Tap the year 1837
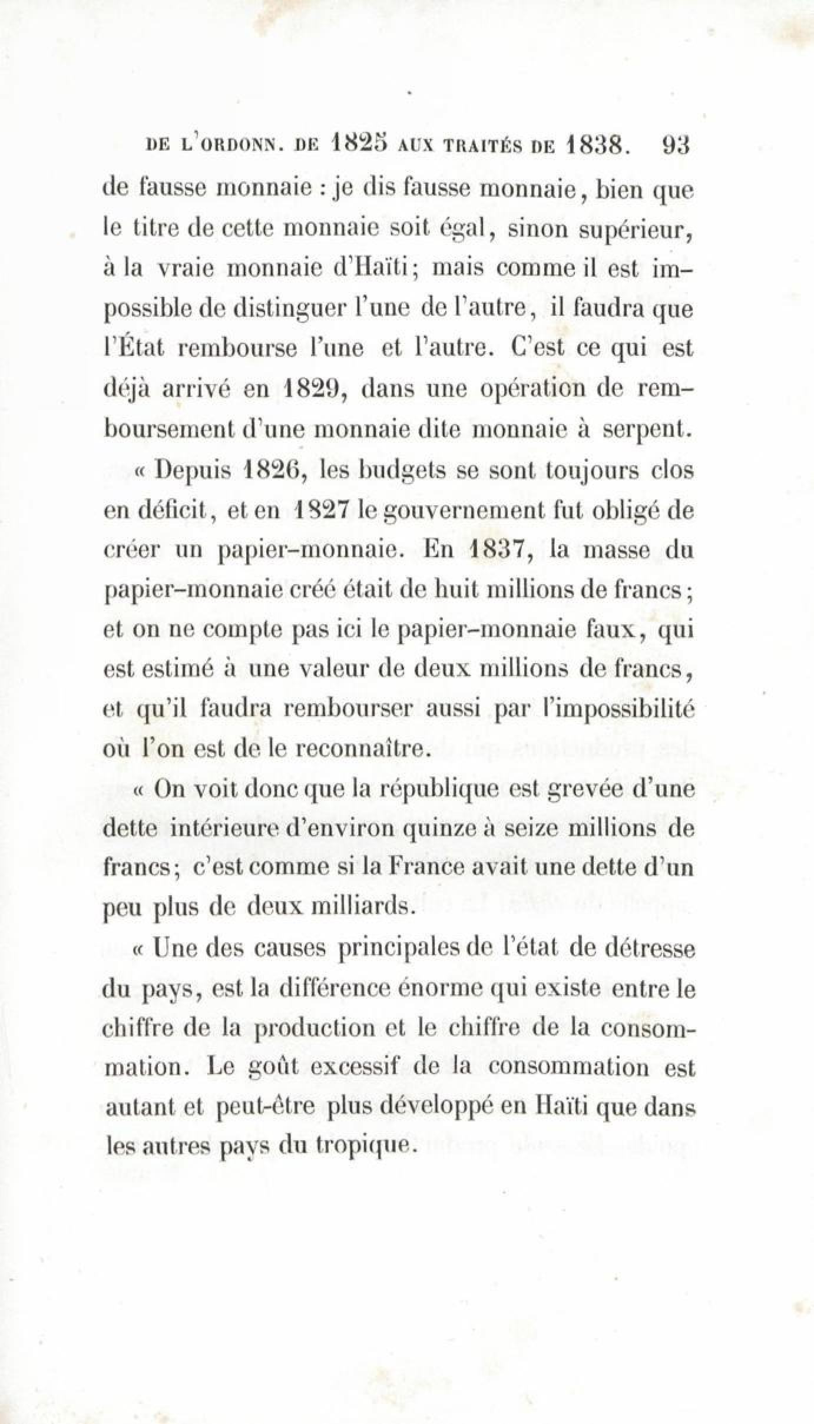coord(499,551)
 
